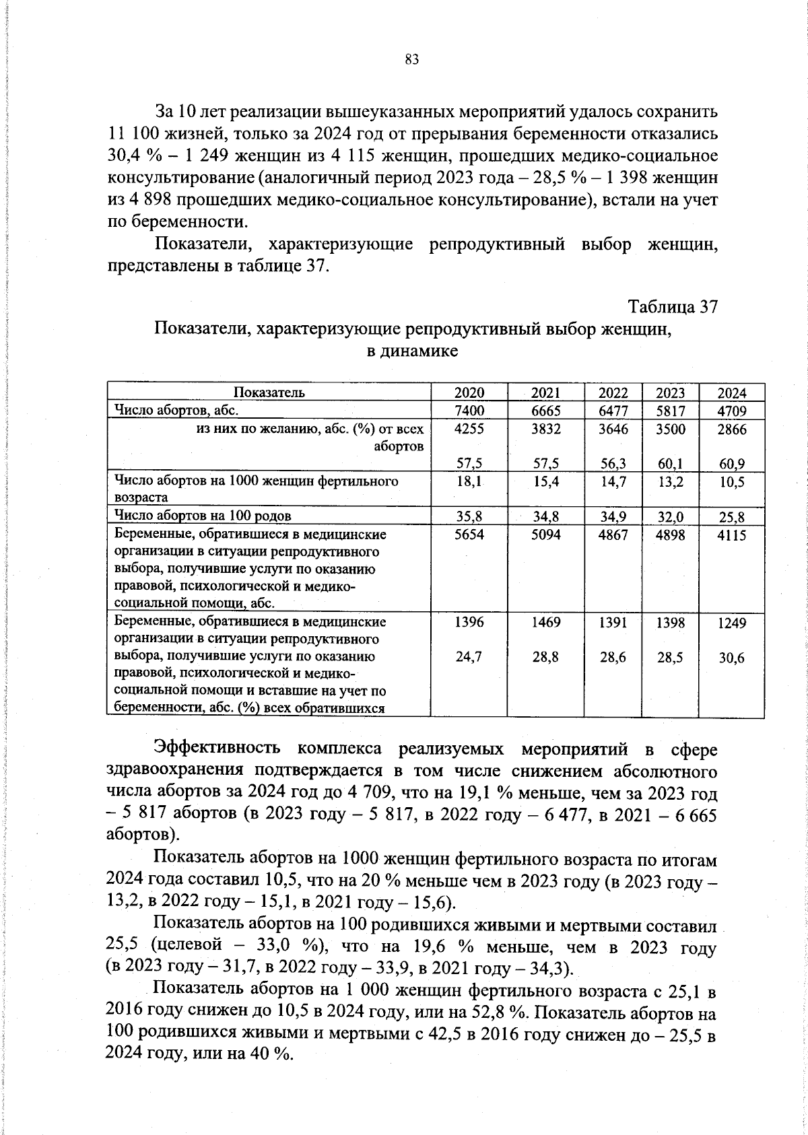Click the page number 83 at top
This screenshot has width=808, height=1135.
coord(412,60)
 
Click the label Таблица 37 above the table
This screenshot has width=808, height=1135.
coord(673,307)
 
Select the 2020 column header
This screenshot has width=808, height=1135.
coord(469,393)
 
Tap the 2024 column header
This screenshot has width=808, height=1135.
coord(731,393)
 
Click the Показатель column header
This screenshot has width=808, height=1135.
coord(269,393)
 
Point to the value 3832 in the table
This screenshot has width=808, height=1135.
coord(545,429)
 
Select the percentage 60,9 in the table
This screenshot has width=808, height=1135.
coord(731,463)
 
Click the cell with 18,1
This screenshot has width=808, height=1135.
coord(469,482)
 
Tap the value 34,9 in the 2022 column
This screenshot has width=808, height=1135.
coord(613,517)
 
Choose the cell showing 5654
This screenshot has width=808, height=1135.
coord(469,535)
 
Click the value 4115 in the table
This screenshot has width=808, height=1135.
coord(731,535)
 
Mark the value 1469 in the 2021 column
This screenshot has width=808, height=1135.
coord(545,623)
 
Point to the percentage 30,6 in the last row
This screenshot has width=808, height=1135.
coord(731,658)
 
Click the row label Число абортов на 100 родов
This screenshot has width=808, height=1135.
coord(203,516)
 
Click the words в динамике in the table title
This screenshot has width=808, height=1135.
coord(411,351)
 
